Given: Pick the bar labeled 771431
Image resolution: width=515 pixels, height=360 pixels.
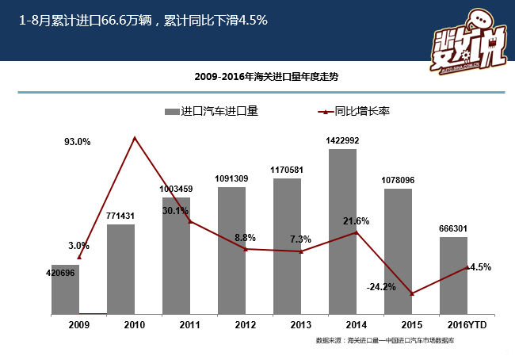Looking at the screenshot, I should click(x=120, y=269).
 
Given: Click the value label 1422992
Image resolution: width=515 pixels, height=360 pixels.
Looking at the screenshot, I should click(x=342, y=140).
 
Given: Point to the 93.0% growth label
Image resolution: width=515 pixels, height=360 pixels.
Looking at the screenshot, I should click(x=78, y=142).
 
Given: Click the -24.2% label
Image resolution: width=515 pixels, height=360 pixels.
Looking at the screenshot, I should click(x=381, y=287).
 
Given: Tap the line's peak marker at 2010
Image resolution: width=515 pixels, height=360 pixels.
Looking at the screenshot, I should click(x=135, y=138).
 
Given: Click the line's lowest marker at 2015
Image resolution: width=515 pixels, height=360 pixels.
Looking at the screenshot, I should click(x=412, y=294).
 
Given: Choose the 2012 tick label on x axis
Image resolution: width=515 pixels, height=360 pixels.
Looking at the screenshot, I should click(x=246, y=325).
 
